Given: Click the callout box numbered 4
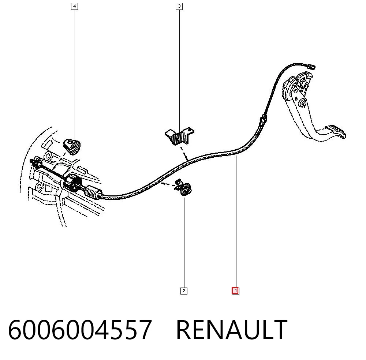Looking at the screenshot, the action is [x=74, y=6].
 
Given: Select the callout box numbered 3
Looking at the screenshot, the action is [x=179, y=6].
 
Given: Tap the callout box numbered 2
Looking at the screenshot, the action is [x=184, y=291].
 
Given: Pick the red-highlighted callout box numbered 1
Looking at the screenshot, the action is [x=235, y=291].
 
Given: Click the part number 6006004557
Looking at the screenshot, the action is [x=80, y=330].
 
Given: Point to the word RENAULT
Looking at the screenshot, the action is [x=232, y=330].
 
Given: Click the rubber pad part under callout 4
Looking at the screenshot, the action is [x=72, y=146].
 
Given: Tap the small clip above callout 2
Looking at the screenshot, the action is [x=183, y=187].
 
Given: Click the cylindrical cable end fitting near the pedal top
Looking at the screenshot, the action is [x=311, y=67].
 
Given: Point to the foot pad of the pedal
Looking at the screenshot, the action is [x=336, y=132].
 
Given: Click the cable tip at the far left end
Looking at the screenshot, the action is [x=32, y=161].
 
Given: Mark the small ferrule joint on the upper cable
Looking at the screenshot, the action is [x=264, y=119].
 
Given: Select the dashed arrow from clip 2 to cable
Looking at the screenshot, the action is [x=168, y=185].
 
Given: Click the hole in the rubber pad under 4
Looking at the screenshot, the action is [x=70, y=141].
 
